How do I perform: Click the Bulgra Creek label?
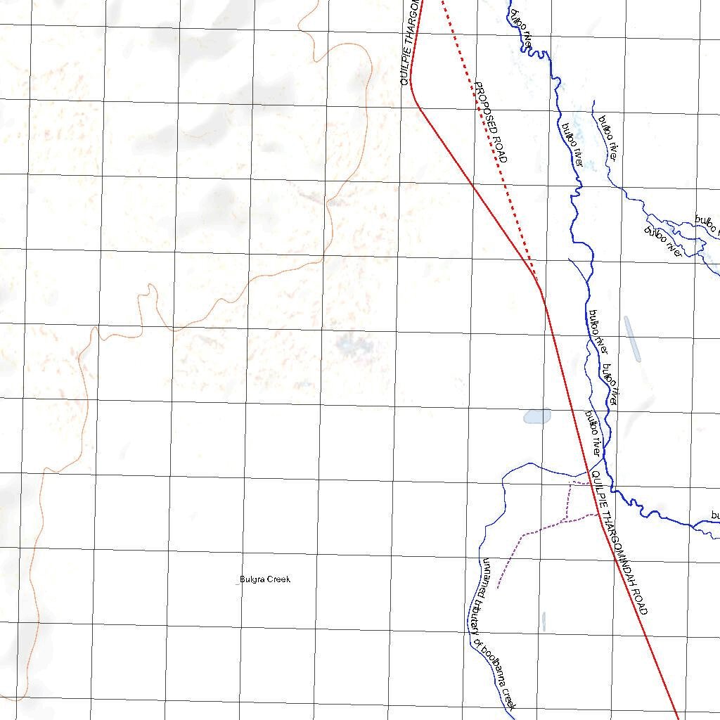coord(264,579)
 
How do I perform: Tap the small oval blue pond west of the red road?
coord(537,416)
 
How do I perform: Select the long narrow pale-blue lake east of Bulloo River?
coord(632,339)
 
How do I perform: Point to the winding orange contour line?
coord(239,295)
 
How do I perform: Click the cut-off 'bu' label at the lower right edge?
coord(714,515)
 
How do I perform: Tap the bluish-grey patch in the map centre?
coord(348,344)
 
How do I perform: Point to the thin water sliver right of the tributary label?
coord(544,621)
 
